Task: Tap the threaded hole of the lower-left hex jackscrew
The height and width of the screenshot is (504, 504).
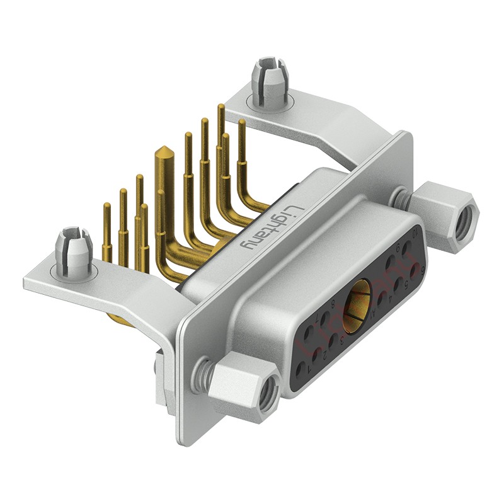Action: pos(263,396)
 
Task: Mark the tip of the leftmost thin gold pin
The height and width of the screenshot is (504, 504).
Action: pos(106,205)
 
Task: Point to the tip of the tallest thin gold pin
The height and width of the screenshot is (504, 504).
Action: pos(220,107)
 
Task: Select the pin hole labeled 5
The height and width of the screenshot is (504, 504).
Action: pos(398,284)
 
